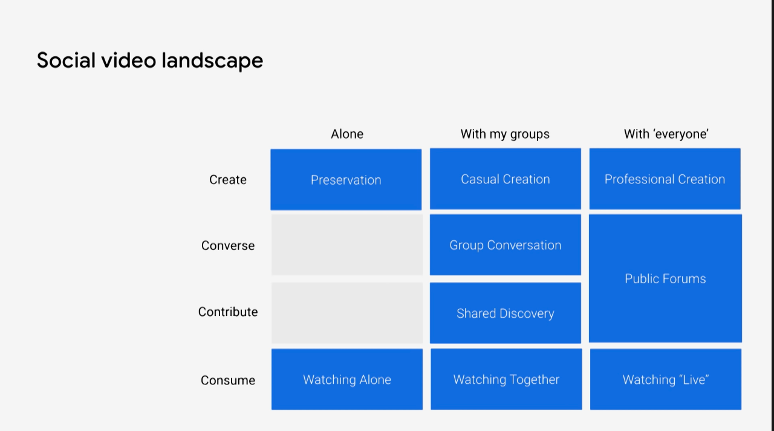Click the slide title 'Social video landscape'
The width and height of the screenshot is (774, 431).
(150, 61)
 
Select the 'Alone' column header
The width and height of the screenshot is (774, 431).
(347, 134)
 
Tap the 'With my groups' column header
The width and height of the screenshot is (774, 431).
(505, 134)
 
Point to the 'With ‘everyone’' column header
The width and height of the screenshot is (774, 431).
(666, 134)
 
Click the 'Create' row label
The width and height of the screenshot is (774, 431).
(228, 180)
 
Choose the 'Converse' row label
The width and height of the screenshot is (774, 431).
(228, 246)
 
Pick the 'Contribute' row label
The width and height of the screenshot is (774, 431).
(228, 312)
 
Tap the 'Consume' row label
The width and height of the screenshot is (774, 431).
(228, 380)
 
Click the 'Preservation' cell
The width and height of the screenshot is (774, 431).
(346, 180)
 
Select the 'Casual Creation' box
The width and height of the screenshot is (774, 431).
(505, 179)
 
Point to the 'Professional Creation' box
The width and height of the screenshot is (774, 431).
(665, 179)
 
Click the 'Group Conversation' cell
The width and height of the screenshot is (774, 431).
(505, 245)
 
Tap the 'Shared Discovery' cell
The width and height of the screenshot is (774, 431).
(505, 313)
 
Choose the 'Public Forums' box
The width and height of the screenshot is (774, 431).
(665, 278)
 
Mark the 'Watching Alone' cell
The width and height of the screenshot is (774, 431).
(347, 380)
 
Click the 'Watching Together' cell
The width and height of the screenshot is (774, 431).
(506, 380)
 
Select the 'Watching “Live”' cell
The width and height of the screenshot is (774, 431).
(666, 380)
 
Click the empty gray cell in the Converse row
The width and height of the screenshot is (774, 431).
(347, 245)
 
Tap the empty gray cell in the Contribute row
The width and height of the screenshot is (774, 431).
(347, 313)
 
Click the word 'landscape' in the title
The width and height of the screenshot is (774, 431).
(212, 61)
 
